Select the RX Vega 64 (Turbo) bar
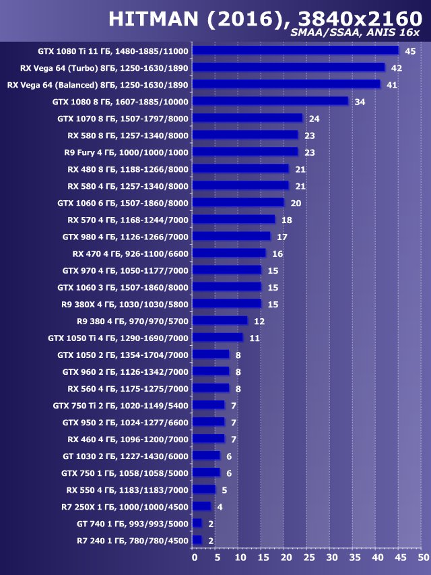point(288,67)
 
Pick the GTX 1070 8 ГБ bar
point(247,118)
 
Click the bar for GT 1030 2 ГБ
point(206,456)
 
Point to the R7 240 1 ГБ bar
point(197,540)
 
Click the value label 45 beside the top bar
point(410,51)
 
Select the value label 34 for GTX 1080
point(360,102)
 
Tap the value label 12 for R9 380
point(259,321)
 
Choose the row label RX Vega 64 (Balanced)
point(98,85)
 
